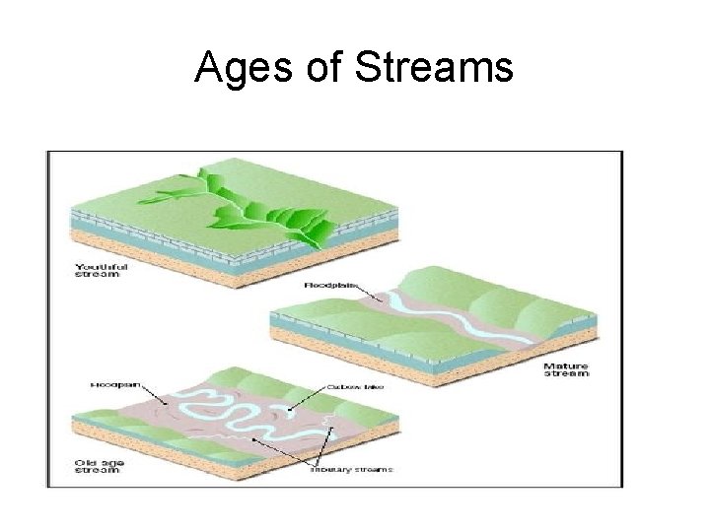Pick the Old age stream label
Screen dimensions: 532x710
[97, 464]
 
